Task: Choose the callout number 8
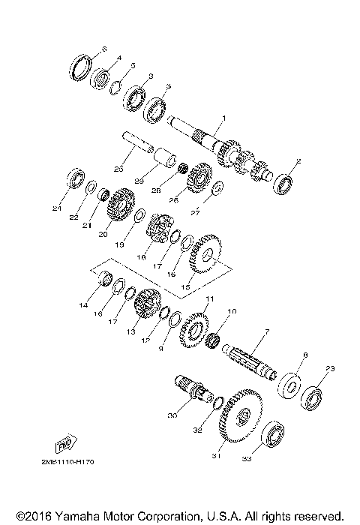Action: (x=305, y=355)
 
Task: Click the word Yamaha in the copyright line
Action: (x=75, y=517)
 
